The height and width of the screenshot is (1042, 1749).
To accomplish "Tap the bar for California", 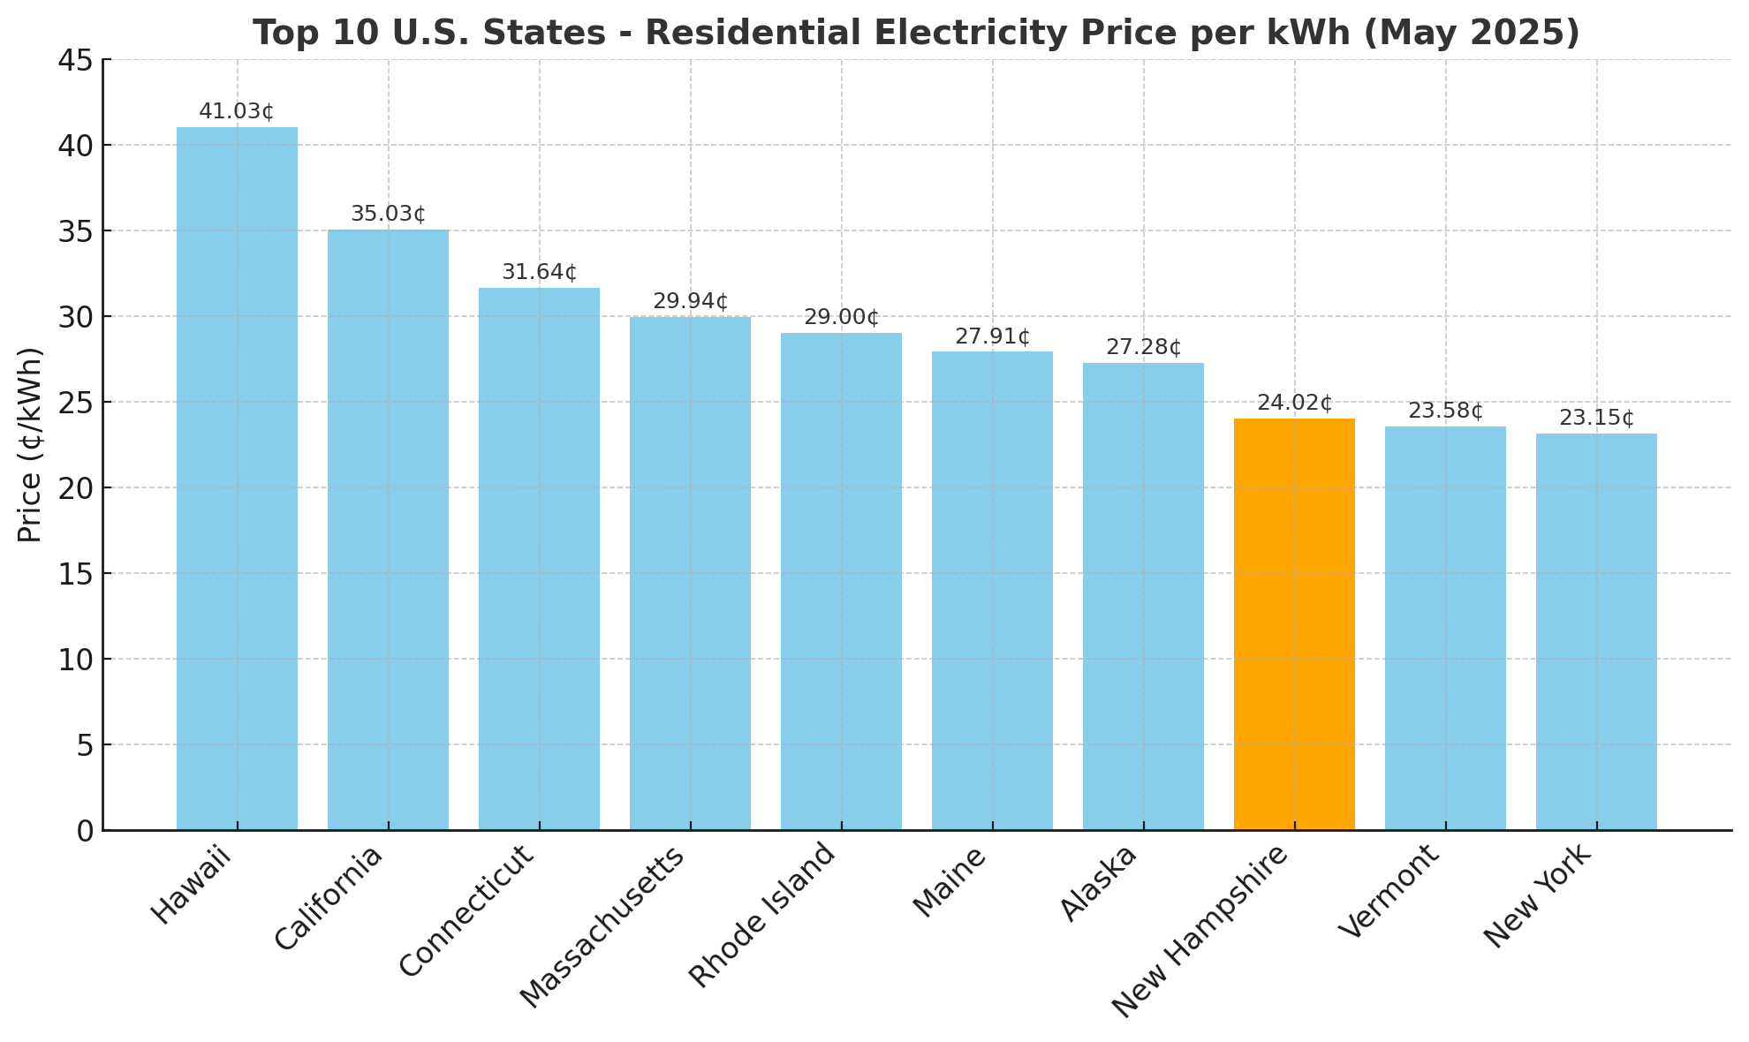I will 388,530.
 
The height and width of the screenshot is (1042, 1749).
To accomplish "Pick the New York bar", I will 1596,631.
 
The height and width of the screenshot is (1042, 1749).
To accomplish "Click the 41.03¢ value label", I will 237,112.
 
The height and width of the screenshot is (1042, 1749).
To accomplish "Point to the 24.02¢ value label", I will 1294,404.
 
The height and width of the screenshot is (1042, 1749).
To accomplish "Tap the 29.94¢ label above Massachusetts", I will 691,302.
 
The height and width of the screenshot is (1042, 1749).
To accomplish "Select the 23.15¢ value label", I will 1596,419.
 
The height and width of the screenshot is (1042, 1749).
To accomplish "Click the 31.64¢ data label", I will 540,273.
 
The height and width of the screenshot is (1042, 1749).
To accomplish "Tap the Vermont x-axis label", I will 1389,892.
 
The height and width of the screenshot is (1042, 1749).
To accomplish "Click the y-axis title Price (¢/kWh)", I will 31,445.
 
